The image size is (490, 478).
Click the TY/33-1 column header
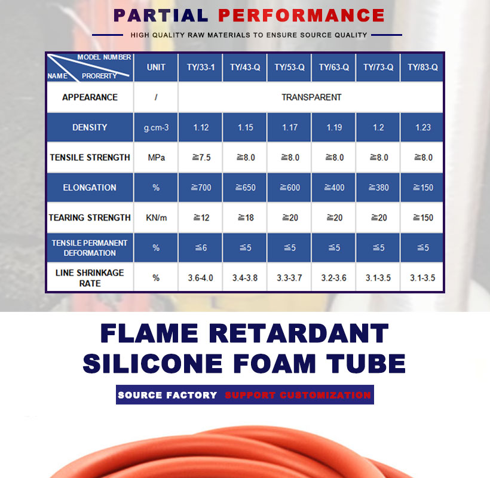(x=201, y=68)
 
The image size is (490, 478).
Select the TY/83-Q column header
(x=422, y=68)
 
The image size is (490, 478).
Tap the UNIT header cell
(x=156, y=68)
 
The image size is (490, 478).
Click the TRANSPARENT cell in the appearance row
(x=311, y=97)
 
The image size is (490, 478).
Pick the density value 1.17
(x=290, y=127)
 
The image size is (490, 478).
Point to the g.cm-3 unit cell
(x=156, y=128)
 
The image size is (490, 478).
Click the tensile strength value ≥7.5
(x=201, y=158)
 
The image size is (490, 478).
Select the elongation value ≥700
(x=201, y=188)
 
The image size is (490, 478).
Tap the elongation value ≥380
(x=379, y=188)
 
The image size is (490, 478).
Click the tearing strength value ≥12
(x=201, y=217)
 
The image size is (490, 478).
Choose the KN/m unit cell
(x=156, y=217)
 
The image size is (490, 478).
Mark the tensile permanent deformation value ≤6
(x=201, y=248)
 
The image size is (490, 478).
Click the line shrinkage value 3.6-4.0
(x=200, y=278)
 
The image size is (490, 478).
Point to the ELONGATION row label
(x=90, y=188)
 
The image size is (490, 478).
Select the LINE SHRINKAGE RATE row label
(x=90, y=278)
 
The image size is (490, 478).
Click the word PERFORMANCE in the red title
(x=301, y=16)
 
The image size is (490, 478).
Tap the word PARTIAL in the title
(x=161, y=16)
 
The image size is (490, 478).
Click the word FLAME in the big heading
(x=149, y=333)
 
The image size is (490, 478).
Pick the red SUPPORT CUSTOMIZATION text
(x=298, y=395)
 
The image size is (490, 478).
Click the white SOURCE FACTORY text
(x=167, y=395)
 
